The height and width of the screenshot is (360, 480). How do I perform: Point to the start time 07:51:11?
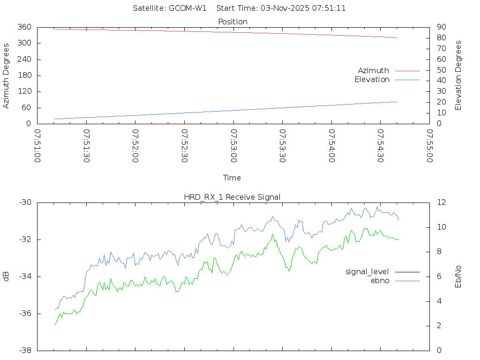click(330, 8)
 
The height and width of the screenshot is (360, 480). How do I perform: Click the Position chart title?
click(233, 22)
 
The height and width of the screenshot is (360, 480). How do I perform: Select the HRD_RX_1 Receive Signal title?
click(232, 197)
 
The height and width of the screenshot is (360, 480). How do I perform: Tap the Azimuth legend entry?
click(374, 70)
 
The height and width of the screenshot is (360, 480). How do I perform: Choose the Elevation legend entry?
click(372, 80)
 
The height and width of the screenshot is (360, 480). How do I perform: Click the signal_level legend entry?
click(367, 271)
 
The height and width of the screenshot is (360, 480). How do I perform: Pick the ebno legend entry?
click(380, 280)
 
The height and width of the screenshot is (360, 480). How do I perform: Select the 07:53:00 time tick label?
click(233, 146)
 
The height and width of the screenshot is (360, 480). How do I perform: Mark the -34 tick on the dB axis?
click(25, 277)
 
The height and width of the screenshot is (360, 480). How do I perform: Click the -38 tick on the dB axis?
click(25, 350)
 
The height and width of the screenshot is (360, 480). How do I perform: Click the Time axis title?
click(232, 178)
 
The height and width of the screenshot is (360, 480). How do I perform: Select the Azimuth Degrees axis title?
click(6, 75)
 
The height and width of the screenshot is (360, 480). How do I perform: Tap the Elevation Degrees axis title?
click(458, 75)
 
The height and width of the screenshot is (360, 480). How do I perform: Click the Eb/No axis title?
click(458, 276)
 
